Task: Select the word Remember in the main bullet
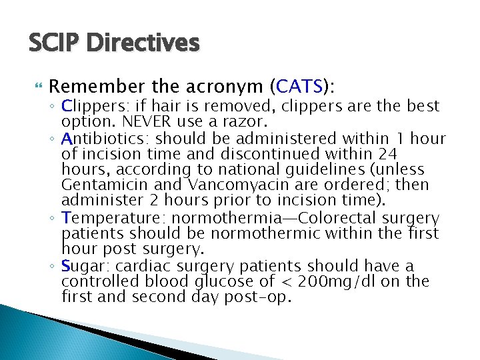tap(96, 87)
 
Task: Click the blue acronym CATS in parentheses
tap(299, 87)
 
